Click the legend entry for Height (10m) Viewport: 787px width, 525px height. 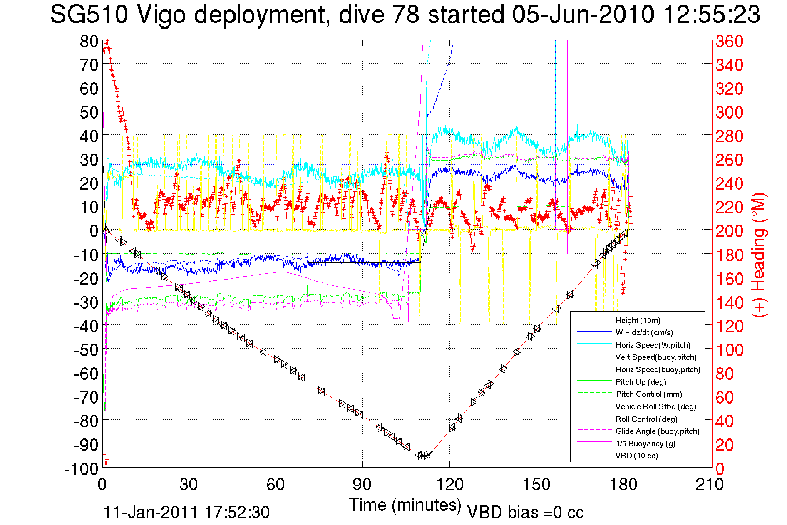tap(638, 320)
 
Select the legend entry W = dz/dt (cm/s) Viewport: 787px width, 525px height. tap(644, 332)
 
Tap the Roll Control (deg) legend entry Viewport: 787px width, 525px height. tap(646, 419)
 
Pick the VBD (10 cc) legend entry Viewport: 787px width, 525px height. tap(636, 456)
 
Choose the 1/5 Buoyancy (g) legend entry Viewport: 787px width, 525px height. tap(645, 443)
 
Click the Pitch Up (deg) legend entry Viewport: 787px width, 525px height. tap(641, 382)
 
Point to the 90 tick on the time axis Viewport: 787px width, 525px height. tap(362, 484)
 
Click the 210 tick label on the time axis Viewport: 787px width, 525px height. tap(709, 484)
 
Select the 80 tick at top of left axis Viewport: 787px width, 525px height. tap(89, 41)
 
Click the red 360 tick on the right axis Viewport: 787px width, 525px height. tap(729, 41)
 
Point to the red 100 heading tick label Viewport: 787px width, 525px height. tap(729, 350)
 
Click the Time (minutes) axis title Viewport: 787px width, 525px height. tap(405, 505)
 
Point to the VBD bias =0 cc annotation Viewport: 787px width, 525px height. tap(525, 512)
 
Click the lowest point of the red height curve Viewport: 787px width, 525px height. tap(422, 456)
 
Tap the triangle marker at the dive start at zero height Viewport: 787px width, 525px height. tap(106, 230)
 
